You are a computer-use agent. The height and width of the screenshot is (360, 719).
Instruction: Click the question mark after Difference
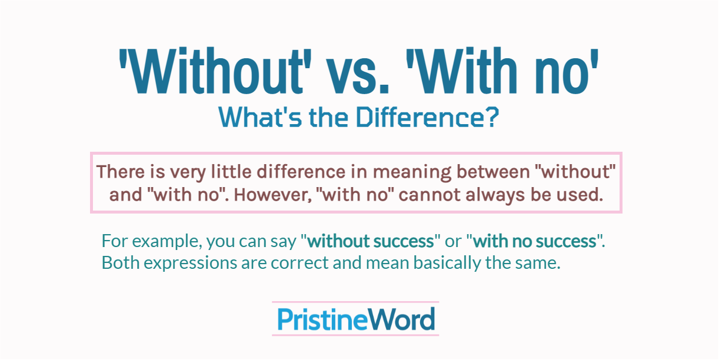point(492,117)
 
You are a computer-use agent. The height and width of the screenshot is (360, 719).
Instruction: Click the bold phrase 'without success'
point(371,241)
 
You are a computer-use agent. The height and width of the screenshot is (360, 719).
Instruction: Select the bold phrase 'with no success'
point(535,241)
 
